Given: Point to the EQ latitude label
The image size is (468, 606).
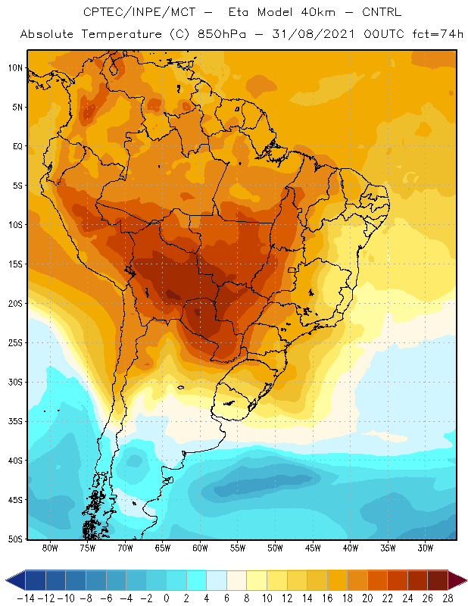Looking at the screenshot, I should click(x=17, y=146).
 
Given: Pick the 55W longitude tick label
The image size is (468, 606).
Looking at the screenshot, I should click(x=238, y=548).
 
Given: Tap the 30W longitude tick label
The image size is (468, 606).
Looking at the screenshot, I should click(x=425, y=548).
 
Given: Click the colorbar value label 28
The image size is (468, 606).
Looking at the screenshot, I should click(x=448, y=598).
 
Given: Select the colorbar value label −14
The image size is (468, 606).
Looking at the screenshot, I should click(x=26, y=598).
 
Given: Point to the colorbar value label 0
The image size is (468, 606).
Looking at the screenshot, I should click(x=167, y=598).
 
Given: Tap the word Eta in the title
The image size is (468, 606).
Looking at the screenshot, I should click(x=242, y=13).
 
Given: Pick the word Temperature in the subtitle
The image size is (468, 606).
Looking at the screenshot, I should click(x=130, y=35).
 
